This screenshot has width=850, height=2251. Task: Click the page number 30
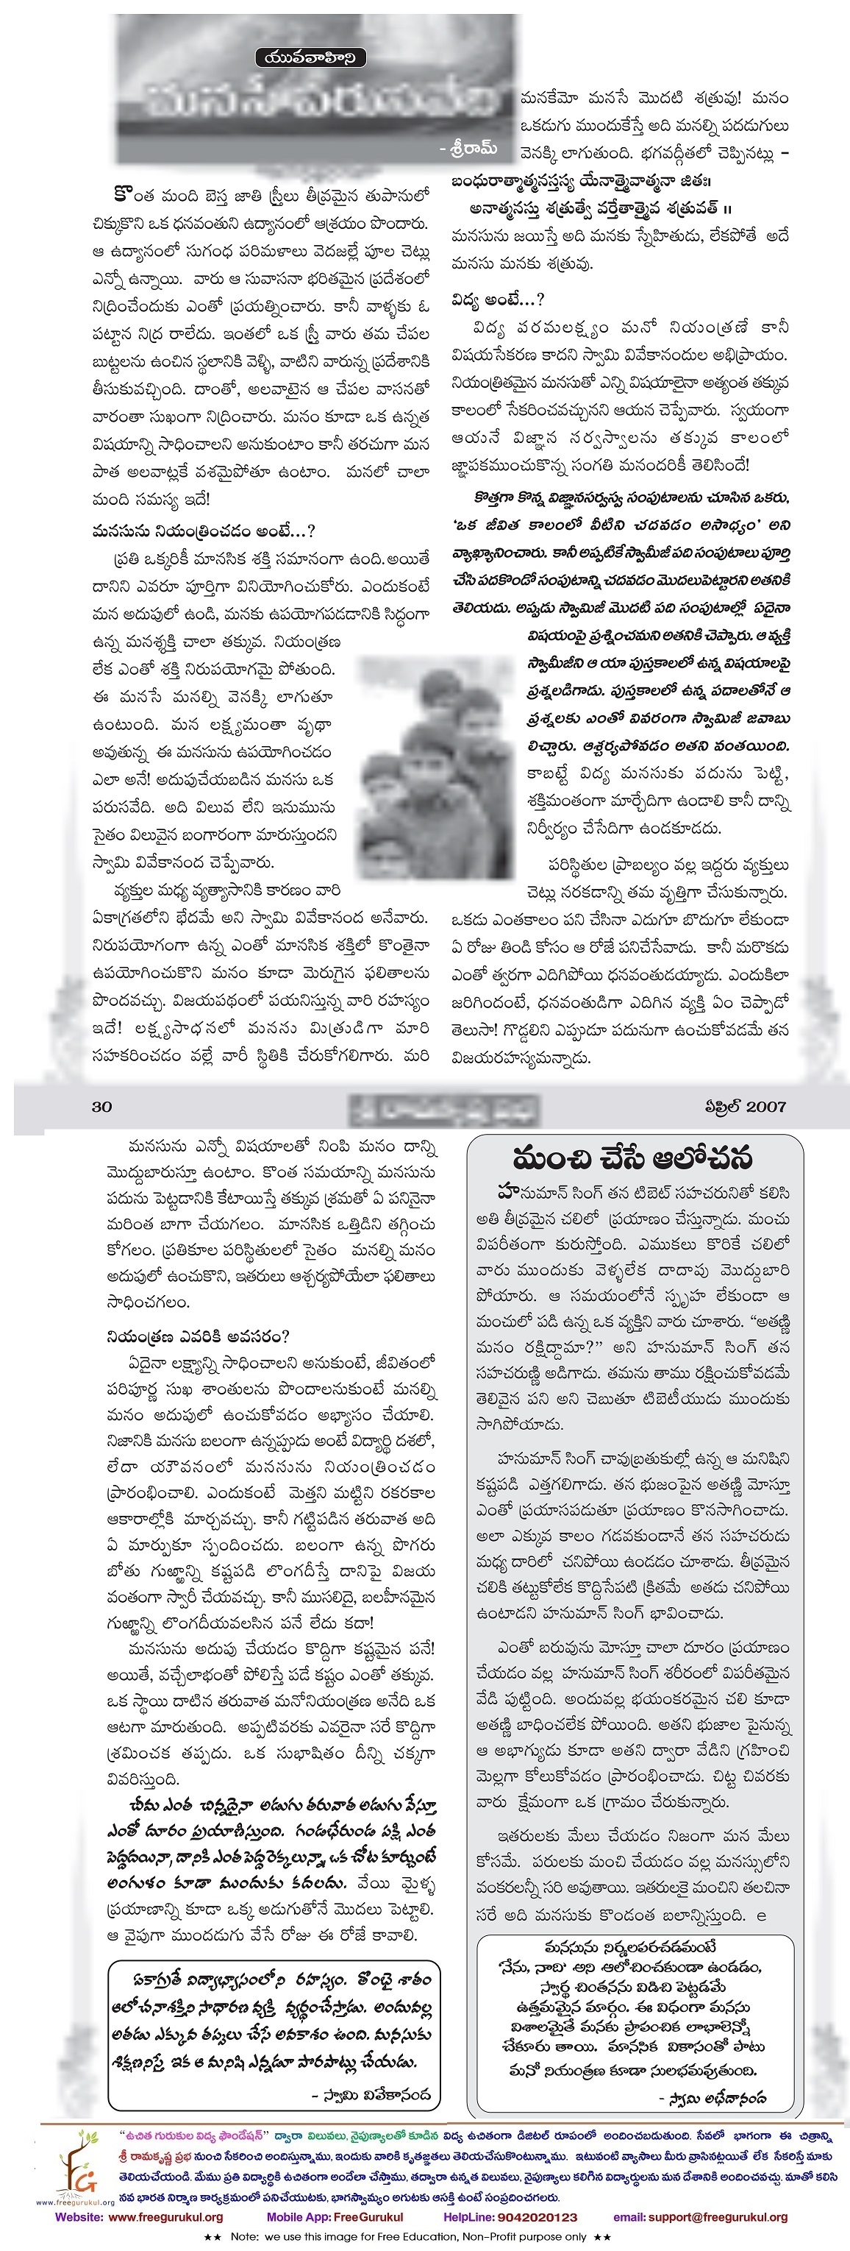[102, 1106]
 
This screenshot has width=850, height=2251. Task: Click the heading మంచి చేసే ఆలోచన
[632, 1160]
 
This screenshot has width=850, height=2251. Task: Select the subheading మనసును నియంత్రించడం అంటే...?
[203, 531]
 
